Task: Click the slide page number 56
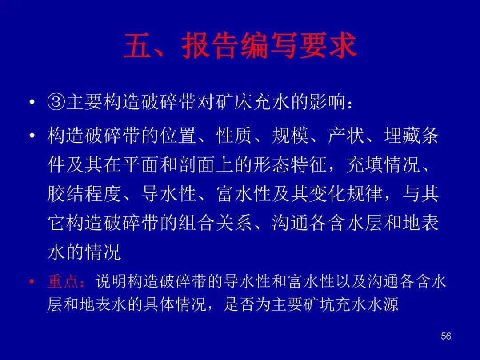click(x=446, y=336)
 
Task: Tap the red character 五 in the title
click(x=138, y=46)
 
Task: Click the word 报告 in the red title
click(x=210, y=46)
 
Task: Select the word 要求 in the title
click(x=328, y=46)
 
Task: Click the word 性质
click(x=234, y=136)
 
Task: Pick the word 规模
click(x=290, y=136)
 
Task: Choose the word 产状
click(x=346, y=136)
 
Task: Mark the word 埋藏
click(x=402, y=136)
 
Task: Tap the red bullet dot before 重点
click(x=32, y=281)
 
